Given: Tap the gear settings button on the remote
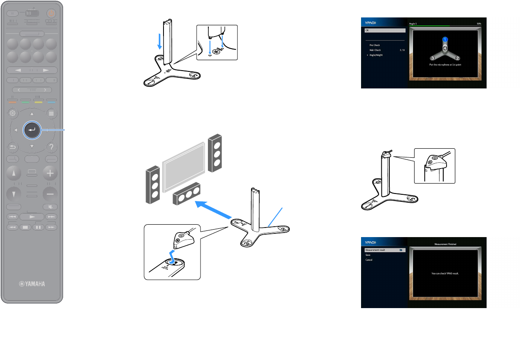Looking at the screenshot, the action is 12,113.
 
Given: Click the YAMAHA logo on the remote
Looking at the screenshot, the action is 32,284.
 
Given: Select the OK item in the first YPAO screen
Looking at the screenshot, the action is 384,30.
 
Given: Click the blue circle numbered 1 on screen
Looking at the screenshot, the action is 444,39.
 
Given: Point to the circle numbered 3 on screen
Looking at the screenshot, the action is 432,58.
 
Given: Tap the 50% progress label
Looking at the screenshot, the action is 479,24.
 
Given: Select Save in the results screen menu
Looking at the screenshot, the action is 368,255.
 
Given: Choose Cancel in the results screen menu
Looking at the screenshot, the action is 369,260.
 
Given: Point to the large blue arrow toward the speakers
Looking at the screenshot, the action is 214,210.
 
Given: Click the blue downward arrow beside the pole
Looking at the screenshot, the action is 159,42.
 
